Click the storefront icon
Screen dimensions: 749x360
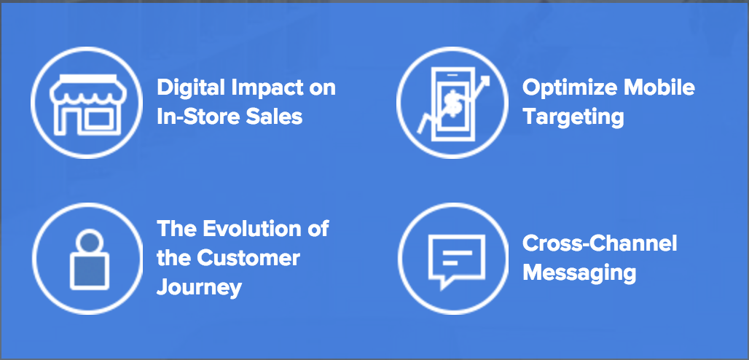coord(86,103)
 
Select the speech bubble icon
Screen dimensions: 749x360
coord(457,261)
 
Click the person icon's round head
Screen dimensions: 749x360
coord(90,241)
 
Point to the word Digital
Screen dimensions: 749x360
coord(191,88)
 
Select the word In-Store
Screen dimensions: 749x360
coord(200,117)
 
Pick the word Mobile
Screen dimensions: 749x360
coord(658,87)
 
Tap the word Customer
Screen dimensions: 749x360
coord(248,258)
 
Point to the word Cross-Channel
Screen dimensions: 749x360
coord(600,243)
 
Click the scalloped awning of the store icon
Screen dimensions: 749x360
coord(86,90)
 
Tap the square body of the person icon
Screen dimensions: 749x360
coord(90,271)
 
